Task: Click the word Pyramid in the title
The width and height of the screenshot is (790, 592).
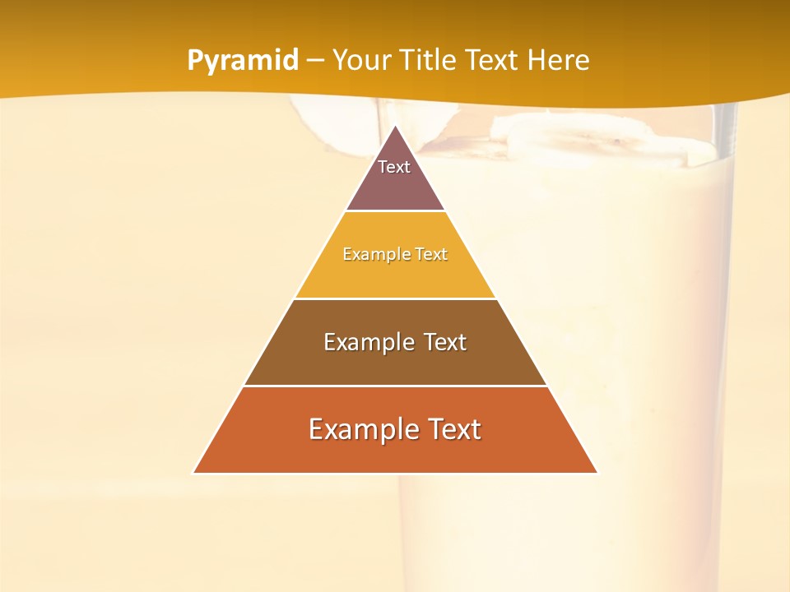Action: pyautogui.click(x=242, y=61)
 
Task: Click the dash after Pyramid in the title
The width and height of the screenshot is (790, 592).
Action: pyautogui.click(x=315, y=61)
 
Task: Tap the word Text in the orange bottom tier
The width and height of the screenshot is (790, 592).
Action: pyautogui.click(x=455, y=429)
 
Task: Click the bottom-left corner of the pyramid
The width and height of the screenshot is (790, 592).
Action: pyautogui.click(x=193, y=473)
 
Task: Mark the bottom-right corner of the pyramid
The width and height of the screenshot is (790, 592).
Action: pyautogui.click(x=597, y=473)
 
